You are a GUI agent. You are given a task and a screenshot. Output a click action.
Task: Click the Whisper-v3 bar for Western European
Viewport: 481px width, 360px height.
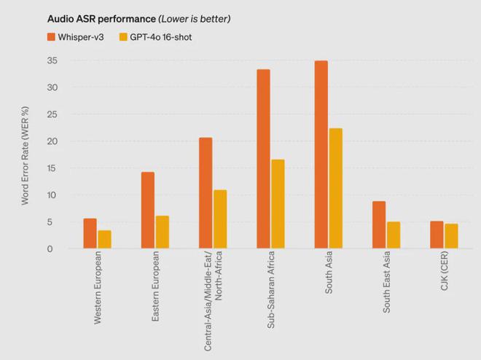point(90,233)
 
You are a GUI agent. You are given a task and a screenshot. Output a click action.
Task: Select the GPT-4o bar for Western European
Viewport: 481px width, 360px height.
point(104,239)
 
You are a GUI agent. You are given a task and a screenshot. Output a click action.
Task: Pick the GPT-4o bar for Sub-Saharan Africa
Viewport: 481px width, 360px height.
point(278,204)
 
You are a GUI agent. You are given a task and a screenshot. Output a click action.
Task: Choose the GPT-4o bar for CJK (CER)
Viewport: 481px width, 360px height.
point(451,236)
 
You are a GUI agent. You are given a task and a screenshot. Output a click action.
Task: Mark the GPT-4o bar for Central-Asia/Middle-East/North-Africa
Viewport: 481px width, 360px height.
point(220,219)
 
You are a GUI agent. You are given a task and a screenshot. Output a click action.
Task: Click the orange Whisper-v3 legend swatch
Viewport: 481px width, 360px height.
point(52,36)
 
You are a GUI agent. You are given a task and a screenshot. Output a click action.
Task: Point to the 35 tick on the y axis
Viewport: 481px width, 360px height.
point(51,61)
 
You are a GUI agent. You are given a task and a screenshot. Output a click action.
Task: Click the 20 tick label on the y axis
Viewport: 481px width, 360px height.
point(51,141)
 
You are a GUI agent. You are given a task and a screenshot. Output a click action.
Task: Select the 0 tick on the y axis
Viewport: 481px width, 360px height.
point(51,249)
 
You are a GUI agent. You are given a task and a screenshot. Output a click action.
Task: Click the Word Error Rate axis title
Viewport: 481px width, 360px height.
point(25,155)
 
